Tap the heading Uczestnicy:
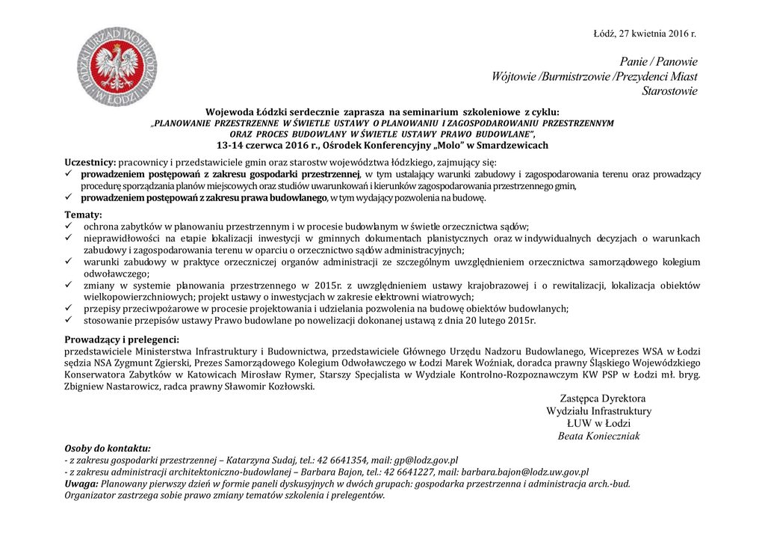coord(90,161)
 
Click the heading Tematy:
coord(83,215)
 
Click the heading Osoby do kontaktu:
coord(108,449)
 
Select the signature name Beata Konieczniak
coord(598,437)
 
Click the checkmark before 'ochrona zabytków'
coord(68,227)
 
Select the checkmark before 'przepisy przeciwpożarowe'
coord(68,309)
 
